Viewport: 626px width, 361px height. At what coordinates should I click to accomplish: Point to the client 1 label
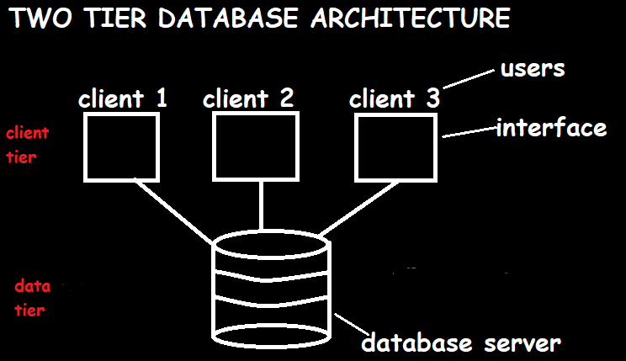[123, 98]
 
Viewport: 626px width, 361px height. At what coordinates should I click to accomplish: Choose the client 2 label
[248, 98]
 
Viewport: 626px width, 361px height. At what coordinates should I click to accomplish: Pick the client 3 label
[395, 98]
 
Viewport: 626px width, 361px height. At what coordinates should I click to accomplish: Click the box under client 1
[122, 146]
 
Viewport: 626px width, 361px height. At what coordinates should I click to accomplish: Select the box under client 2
[254, 146]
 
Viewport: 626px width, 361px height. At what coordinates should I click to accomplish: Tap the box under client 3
[396, 146]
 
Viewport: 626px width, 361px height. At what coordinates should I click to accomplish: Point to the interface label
[551, 128]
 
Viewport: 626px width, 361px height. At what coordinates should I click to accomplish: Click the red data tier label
[33, 298]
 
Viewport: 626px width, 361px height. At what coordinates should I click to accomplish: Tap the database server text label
[460, 343]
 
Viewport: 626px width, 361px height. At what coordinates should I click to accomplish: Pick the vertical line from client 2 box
[263, 204]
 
